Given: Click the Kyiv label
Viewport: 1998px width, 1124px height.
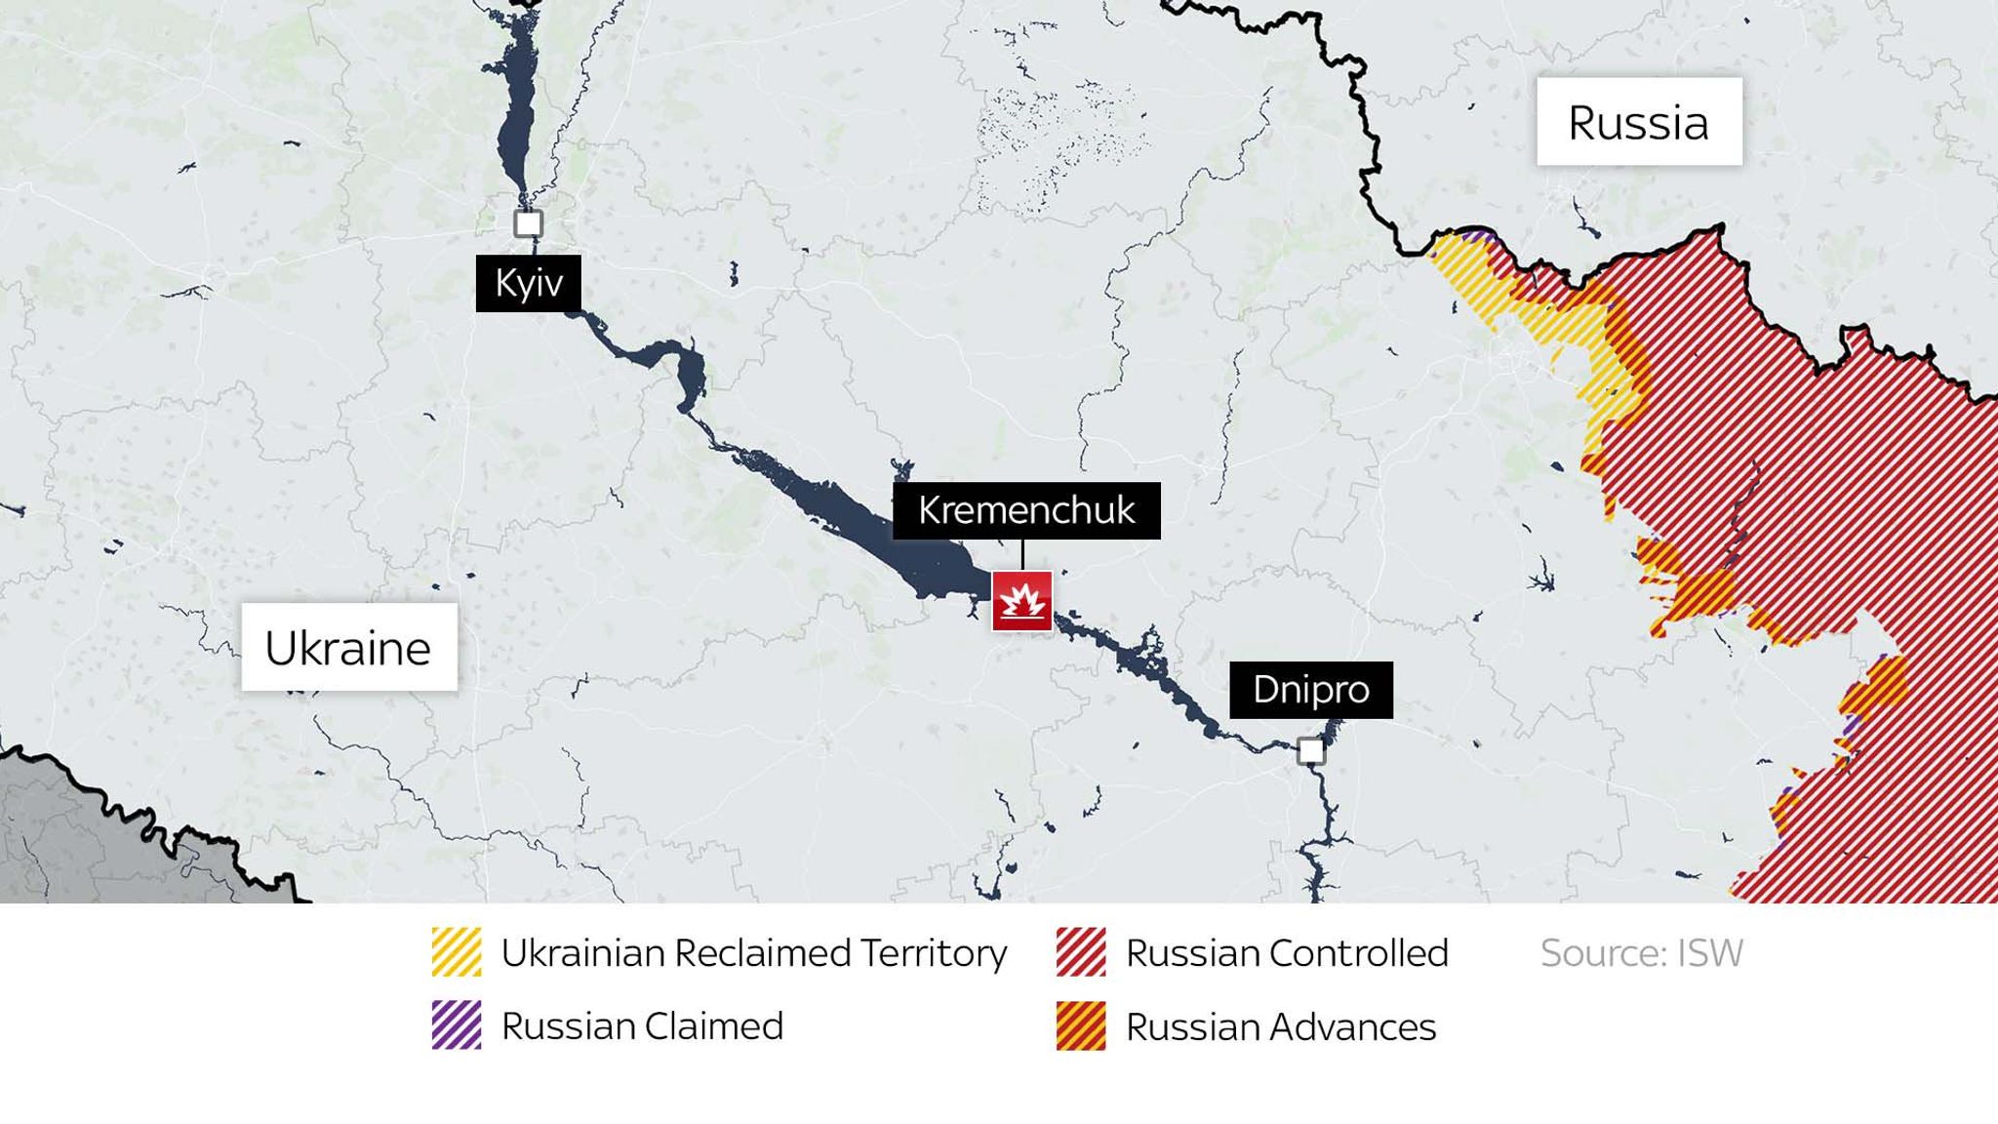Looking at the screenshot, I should point(528,283).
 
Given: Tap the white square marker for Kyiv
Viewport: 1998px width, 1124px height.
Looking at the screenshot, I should point(528,223).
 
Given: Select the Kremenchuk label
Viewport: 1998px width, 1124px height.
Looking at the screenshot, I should point(1026,510).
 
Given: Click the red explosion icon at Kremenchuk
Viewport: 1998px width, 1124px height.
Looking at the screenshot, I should point(1021,601).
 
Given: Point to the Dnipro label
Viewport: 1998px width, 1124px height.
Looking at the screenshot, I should point(1310,690).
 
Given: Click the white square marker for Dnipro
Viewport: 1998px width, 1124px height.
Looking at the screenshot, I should point(1310,750).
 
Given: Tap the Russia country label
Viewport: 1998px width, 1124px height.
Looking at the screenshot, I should point(1638,122).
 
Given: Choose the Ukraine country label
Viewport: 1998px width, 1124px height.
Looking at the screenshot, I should point(348,648).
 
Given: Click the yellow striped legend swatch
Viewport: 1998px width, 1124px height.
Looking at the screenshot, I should point(457,952).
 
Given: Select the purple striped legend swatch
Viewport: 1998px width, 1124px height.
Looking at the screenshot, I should point(457,1025).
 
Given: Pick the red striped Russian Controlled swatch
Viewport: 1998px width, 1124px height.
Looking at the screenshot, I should point(1080,952).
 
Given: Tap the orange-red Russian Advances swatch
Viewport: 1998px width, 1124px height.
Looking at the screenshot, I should point(1080,1025).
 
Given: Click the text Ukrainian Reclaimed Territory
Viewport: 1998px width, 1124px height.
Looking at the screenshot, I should point(753,952).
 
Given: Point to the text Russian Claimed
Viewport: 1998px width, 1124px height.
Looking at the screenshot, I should point(642,1025).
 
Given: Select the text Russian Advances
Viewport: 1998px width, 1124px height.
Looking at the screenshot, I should point(1280,1026).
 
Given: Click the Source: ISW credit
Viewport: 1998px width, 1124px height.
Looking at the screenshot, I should point(1641,952).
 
